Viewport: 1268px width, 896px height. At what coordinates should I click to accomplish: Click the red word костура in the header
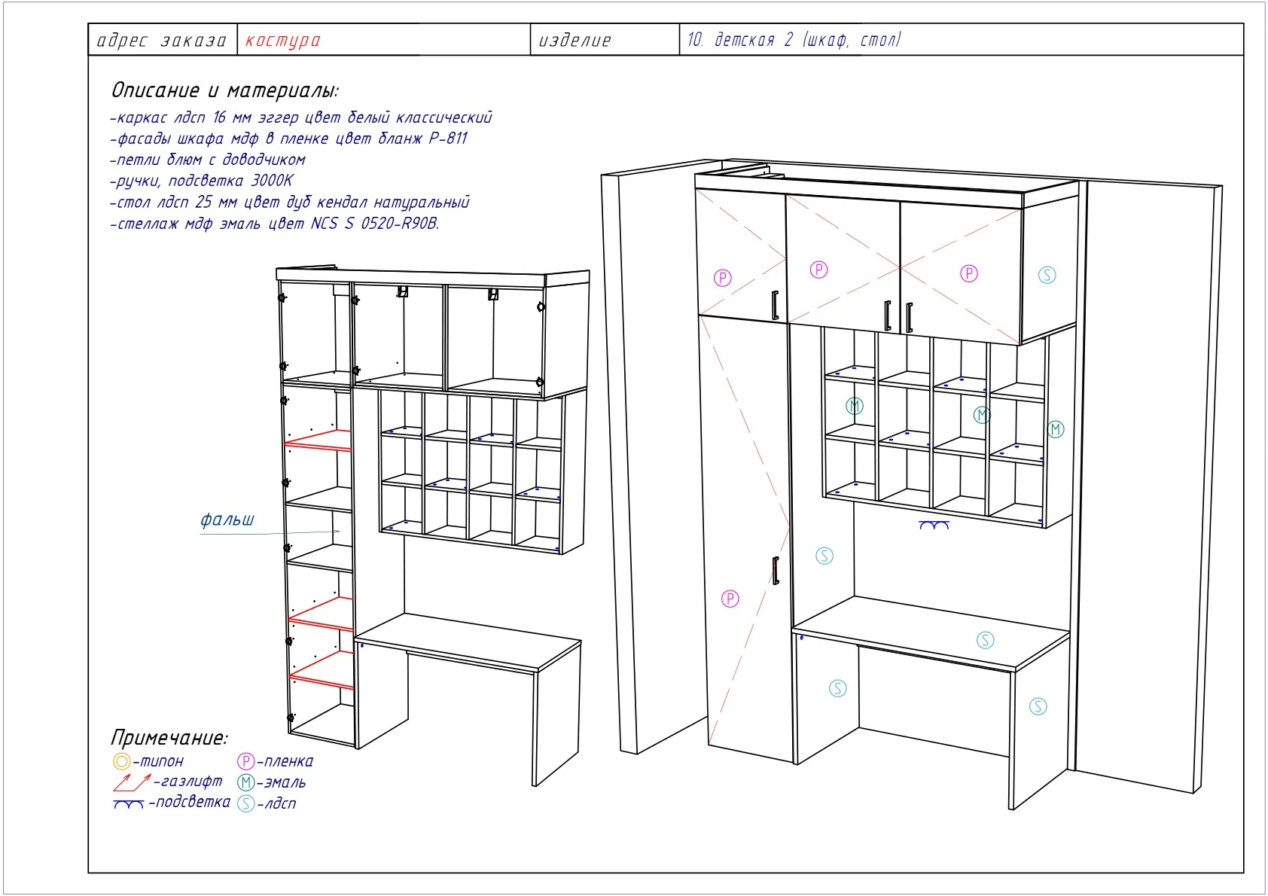pos(283,41)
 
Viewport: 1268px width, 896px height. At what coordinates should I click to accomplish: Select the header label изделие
pos(575,41)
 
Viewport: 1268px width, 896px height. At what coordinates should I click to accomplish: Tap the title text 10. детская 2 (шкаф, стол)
pos(794,40)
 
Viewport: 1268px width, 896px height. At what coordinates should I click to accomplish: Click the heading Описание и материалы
pos(224,90)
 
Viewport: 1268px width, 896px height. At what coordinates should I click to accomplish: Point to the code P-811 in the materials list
pos(448,139)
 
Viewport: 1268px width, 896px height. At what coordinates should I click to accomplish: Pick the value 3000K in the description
pos(273,181)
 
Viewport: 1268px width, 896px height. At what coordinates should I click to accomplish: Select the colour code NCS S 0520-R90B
pos(375,224)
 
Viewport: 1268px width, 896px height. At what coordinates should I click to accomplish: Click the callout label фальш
pos(227,520)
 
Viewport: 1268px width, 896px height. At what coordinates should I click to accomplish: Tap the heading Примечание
pos(169,738)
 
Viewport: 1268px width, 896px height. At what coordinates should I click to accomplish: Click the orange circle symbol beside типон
pos(122,761)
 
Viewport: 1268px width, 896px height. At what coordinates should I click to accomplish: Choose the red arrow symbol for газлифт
pos(131,782)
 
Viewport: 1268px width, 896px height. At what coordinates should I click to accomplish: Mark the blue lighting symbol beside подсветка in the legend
pos(129,803)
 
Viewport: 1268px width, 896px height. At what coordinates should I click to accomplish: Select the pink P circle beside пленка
pos(245,761)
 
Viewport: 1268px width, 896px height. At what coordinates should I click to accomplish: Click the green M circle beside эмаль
pos(245,783)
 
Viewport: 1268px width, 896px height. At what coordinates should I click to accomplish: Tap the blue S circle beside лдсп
pos(245,803)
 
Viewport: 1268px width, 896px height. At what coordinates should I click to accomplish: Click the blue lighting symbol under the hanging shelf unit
pos(934,526)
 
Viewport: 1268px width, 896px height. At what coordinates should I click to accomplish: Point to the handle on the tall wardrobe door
pos(776,571)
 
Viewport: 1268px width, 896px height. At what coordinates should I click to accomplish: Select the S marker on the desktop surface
pos(986,640)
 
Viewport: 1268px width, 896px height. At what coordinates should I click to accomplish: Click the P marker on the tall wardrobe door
pos(730,599)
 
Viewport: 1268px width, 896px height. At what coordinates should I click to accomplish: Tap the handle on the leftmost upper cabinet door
pos(776,306)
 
